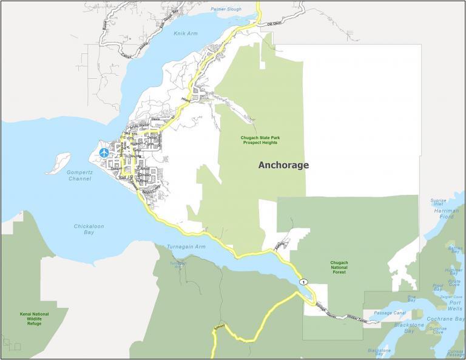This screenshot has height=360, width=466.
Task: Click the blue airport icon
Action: pos(104,152)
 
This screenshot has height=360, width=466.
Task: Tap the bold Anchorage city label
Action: pos(283,165)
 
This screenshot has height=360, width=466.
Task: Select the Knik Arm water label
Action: pos(182,34)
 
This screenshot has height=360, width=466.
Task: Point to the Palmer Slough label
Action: pos(226,10)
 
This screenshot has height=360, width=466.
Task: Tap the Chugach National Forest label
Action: pos(339,267)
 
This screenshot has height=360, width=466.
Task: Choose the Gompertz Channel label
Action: pos(79,175)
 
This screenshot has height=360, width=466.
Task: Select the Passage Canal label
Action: pos(389,313)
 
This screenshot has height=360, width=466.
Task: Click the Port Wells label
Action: pos(454,305)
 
